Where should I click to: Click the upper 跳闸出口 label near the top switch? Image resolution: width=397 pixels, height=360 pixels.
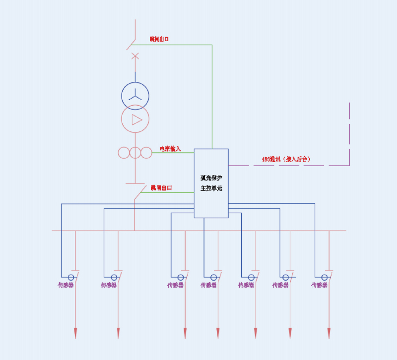(159, 39)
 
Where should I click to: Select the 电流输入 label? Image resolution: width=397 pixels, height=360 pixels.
(170, 148)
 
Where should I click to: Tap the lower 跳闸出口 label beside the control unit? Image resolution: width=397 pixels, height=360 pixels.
(161, 188)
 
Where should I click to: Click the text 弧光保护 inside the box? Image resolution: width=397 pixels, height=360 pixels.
(211, 178)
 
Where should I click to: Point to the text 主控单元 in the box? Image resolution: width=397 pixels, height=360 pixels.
(211, 189)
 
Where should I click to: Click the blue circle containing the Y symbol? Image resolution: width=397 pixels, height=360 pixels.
(135, 94)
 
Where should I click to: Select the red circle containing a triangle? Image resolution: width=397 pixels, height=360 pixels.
(135, 119)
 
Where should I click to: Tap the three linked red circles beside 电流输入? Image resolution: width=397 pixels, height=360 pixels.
(135, 153)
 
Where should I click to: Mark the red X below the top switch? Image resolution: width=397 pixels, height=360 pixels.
(135, 56)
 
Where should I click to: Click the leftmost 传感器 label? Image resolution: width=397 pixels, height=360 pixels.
(66, 285)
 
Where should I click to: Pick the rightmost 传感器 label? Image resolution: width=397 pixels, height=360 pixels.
(320, 285)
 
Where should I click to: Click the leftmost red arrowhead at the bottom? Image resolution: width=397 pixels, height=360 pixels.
(75, 333)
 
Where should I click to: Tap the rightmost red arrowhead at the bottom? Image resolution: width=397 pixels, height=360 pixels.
(329, 333)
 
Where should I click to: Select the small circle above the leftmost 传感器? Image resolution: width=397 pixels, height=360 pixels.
(71, 277)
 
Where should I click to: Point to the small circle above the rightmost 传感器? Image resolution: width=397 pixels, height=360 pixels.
(325, 277)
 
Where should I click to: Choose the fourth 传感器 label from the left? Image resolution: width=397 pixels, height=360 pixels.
(208, 285)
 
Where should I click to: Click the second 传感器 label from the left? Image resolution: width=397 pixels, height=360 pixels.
(109, 285)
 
